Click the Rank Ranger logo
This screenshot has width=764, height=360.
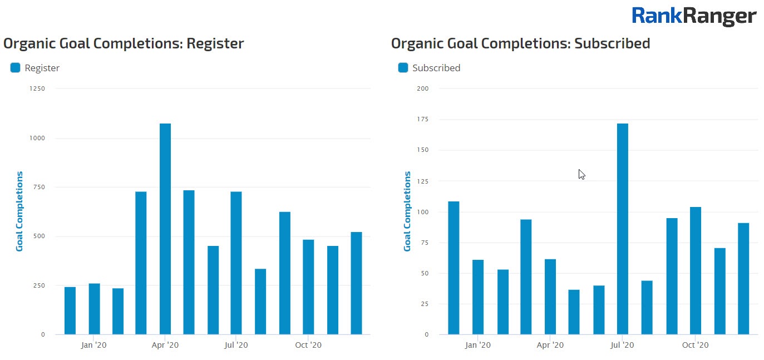pyautogui.click(x=693, y=16)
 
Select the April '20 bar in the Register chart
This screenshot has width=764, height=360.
pyautogui.click(x=165, y=229)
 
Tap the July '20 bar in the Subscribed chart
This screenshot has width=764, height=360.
pyautogui.click(x=622, y=229)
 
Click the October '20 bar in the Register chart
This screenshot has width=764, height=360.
pyautogui.click(x=308, y=287)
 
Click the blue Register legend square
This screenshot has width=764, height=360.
pyautogui.click(x=15, y=68)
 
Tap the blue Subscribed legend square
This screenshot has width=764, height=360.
pyautogui.click(x=403, y=68)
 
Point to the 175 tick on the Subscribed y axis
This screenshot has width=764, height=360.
pyautogui.click(x=423, y=119)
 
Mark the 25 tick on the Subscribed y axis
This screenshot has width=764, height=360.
pyautogui.click(x=425, y=304)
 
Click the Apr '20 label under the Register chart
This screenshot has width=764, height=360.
pyautogui.click(x=165, y=346)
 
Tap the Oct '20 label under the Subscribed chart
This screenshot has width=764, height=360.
pyautogui.click(x=695, y=346)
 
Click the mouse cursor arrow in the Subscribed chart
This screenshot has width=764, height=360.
pyautogui.click(x=581, y=174)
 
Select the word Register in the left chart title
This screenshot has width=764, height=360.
pyautogui.click(x=215, y=43)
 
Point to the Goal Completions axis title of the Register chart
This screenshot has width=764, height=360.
pyautogui.click(x=19, y=211)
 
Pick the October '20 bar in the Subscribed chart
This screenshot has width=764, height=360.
pyautogui.click(x=695, y=270)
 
